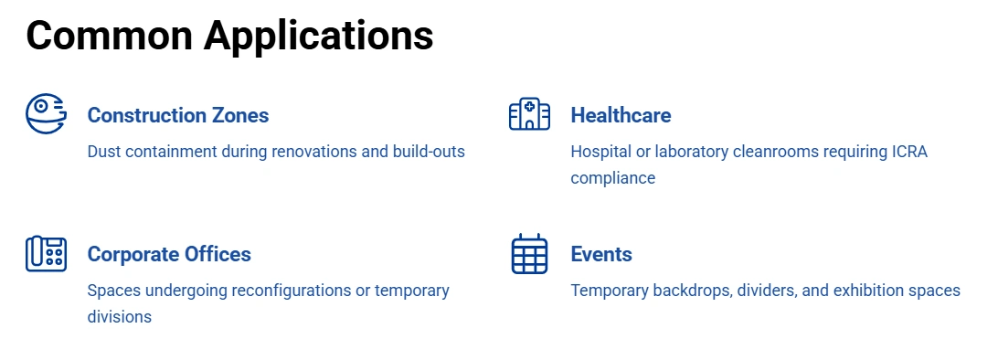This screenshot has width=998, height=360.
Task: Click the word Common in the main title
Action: tap(109, 36)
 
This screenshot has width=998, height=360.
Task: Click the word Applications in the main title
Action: tap(318, 36)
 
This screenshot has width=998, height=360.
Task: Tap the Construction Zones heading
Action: tap(178, 115)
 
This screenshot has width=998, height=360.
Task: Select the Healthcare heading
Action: tap(621, 115)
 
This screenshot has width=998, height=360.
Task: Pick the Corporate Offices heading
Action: tap(169, 254)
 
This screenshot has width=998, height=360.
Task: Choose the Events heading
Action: tap(601, 254)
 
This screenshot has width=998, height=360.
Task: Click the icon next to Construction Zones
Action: tap(46, 114)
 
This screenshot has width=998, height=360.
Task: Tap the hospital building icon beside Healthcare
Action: tap(529, 115)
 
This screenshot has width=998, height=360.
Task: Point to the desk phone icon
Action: tap(46, 253)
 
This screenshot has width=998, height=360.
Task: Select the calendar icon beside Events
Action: tap(529, 254)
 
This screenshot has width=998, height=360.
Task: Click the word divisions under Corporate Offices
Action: tap(120, 317)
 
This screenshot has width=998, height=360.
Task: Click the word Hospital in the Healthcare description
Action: tap(601, 152)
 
